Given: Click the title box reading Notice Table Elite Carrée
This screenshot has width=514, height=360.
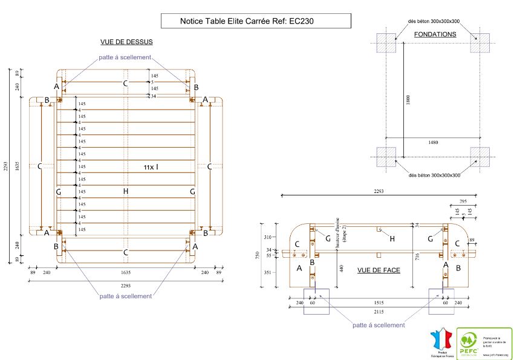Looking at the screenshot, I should (x=256, y=21).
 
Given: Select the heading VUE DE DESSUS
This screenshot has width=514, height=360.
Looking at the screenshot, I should (x=126, y=42).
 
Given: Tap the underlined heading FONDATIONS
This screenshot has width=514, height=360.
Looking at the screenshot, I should (x=435, y=34).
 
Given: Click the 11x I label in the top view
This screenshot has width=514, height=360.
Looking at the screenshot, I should (x=151, y=166).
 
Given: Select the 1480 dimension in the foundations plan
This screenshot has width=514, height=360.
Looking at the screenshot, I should (x=433, y=142).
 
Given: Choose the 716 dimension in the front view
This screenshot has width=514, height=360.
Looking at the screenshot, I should (x=416, y=257).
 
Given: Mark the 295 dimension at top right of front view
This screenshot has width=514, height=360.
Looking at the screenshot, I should (x=463, y=201).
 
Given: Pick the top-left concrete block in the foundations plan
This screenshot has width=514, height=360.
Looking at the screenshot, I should (x=387, y=43).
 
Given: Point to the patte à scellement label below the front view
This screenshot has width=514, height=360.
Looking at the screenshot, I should (x=379, y=325).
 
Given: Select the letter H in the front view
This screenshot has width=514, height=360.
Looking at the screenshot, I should (x=392, y=240).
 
